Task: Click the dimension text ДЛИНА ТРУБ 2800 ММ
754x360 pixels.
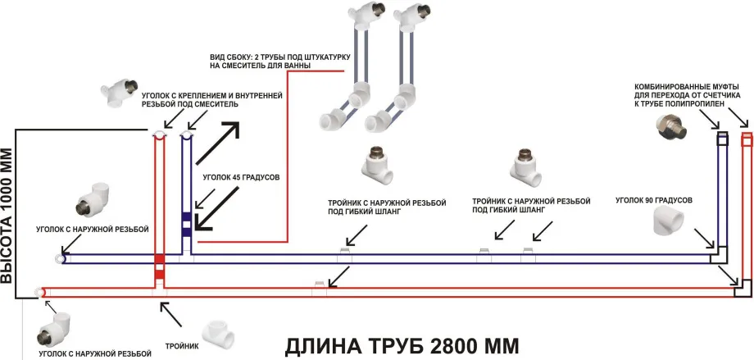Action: coord(401,345)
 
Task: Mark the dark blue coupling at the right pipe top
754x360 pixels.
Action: coord(723,139)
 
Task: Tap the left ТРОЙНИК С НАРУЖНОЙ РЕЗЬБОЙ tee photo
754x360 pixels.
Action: coord(377,168)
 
